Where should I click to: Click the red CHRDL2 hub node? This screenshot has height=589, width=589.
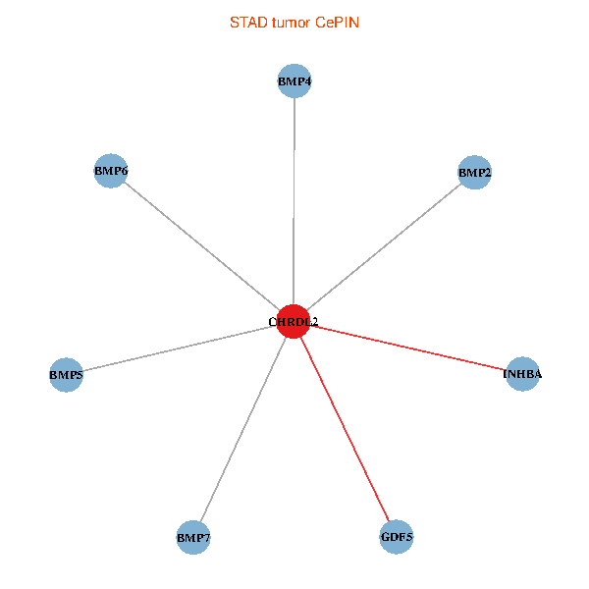point(293,321)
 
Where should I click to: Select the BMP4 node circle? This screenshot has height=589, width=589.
point(294,81)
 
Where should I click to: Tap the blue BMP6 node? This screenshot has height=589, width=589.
point(111,171)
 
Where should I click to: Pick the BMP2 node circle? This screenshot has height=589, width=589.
point(474,173)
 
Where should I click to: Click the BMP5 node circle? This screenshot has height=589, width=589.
point(66,375)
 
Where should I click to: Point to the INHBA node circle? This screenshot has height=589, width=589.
point(522,374)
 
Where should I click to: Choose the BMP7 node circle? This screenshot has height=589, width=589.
point(193,538)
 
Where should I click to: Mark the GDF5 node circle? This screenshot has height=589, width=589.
point(397,537)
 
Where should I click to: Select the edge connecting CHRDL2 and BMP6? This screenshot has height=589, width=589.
point(201,245)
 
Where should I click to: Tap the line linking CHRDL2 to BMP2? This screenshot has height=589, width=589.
point(383,246)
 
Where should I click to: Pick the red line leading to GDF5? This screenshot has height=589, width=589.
point(345,429)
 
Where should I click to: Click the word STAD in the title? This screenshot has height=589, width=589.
point(246,23)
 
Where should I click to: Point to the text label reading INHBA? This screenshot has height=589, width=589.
point(522,374)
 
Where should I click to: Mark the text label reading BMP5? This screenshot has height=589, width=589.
point(66,375)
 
